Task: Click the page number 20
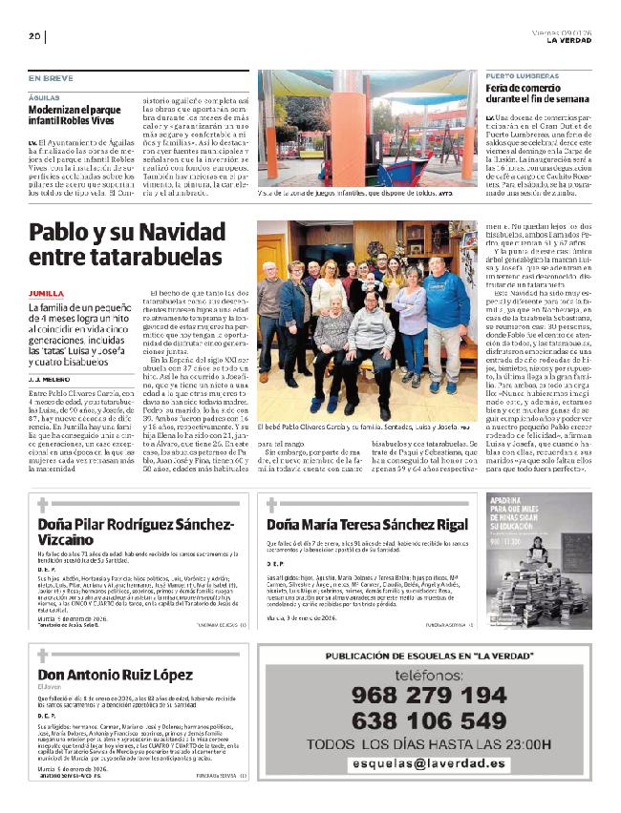point(33,36)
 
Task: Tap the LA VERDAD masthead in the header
point(569,40)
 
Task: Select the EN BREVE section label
point(50,77)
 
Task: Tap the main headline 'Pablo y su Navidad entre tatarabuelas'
point(126,244)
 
